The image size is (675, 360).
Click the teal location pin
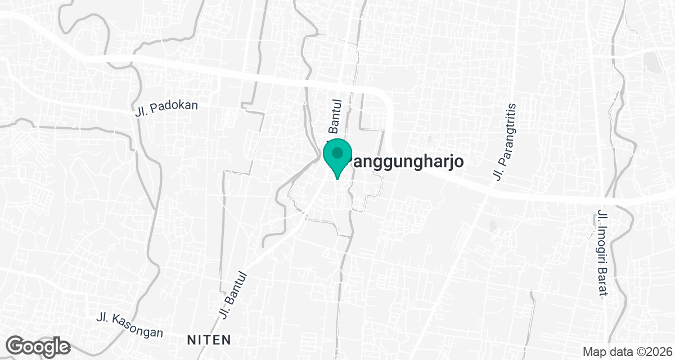point(337,158)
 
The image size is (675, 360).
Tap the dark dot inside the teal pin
point(337,152)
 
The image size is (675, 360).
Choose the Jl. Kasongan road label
point(130,326)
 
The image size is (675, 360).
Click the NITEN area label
point(209,339)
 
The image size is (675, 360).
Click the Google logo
point(39,345)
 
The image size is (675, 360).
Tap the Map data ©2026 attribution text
point(626,352)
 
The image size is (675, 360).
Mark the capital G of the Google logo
point(17,345)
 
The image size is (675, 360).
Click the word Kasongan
point(138,327)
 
